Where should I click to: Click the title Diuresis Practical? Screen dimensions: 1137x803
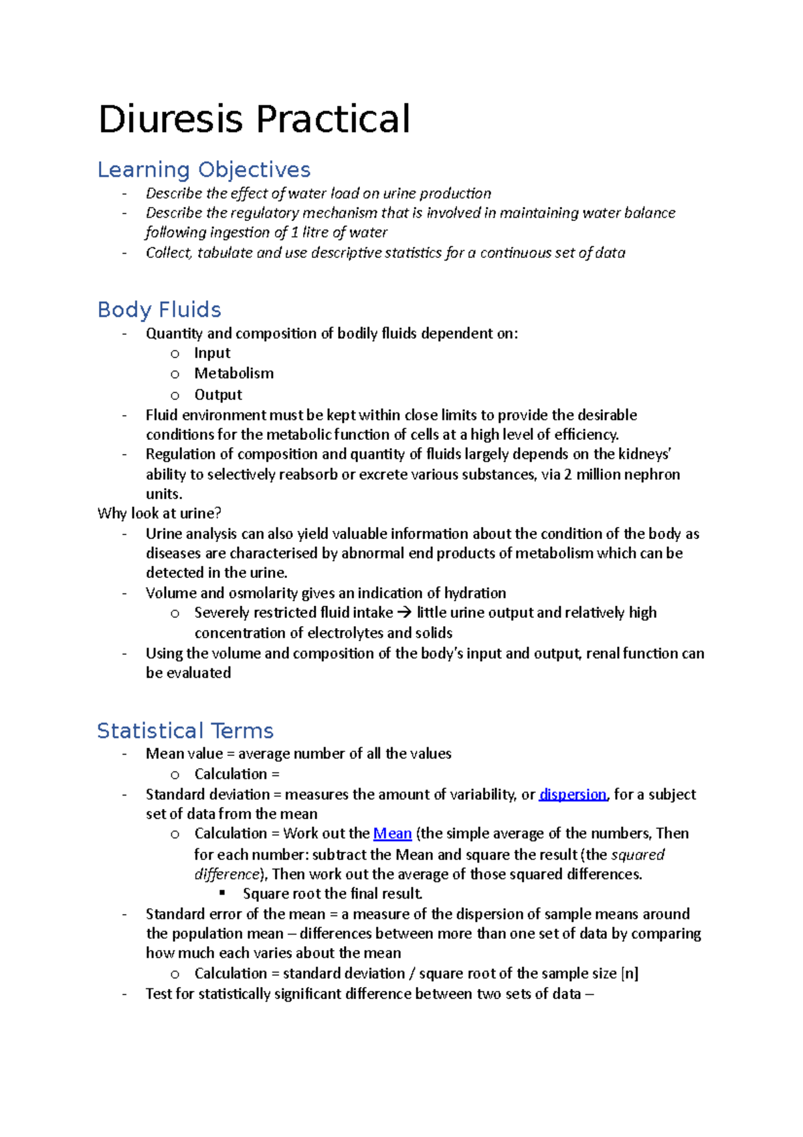click(x=254, y=119)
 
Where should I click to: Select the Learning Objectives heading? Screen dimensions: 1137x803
click(x=204, y=169)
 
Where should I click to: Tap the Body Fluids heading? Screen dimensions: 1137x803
click(x=159, y=309)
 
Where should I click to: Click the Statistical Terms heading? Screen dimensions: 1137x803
click(x=185, y=731)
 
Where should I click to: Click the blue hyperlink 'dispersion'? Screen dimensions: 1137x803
click(x=572, y=794)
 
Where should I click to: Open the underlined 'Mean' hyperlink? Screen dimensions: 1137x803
click(x=392, y=834)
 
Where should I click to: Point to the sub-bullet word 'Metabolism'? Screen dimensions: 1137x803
click(x=234, y=373)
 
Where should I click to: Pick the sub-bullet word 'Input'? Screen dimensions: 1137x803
click(x=212, y=353)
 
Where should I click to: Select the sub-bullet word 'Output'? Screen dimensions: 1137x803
click(x=218, y=394)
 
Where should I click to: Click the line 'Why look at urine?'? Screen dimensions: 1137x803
click(x=159, y=514)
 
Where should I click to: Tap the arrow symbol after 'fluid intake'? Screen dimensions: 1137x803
click(x=404, y=613)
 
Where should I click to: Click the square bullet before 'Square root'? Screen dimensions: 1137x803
click(x=223, y=893)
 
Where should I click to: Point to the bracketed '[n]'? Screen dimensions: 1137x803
click(x=630, y=974)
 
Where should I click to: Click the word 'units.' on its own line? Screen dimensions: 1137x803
click(x=164, y=494)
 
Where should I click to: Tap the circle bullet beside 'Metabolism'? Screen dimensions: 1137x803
click(x=175, y=374)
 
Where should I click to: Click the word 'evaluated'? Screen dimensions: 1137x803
click(x=198, y=673)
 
